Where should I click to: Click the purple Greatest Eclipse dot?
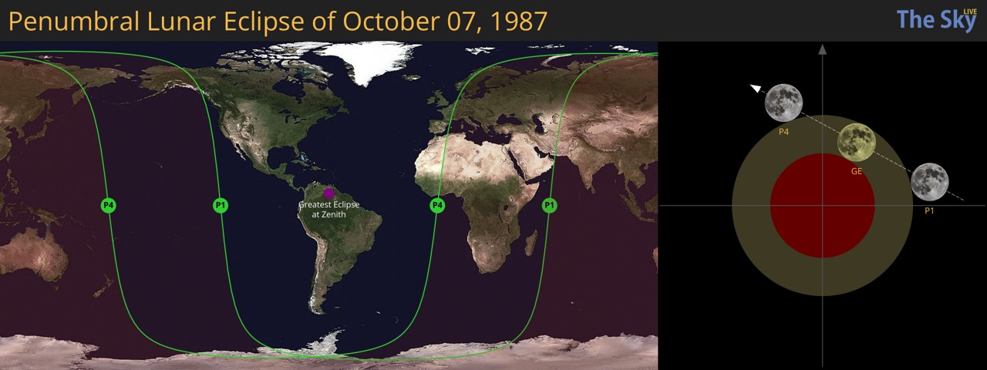pos(328,193)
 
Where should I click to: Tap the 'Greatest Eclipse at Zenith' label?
pos(328,209)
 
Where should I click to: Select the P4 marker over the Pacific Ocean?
pos(109,205)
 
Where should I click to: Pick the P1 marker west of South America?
pos(221,205)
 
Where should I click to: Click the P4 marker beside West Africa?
pos(437,205)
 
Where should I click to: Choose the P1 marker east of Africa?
pos(549,205)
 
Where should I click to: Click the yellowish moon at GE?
pos(856,142)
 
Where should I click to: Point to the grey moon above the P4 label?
pos(783,103)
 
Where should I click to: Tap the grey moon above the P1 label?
pos(929,182)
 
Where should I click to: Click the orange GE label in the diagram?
pos(856,171)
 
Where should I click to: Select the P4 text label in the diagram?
pos(783,132)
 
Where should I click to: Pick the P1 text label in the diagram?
pos(929,210)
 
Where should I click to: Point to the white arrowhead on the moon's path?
pos(756,89)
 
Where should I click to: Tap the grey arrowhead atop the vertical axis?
pos(823,49)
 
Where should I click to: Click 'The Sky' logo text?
pos(935,20)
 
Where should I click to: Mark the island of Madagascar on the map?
pos(531,244)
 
